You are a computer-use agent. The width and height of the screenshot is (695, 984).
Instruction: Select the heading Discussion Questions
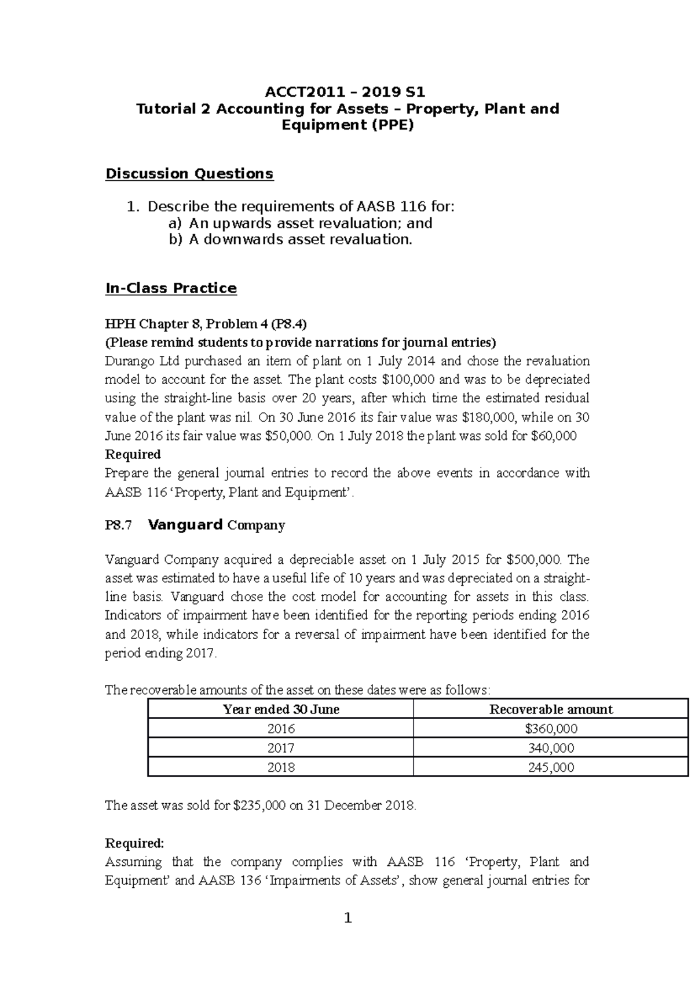[x=189, y=174]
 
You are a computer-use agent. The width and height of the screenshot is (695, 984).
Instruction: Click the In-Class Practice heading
[x=171, y=289]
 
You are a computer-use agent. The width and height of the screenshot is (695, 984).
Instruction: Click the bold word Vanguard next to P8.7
[x=185, y=525]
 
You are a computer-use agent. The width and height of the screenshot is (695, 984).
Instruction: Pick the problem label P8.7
[x=118, y=526]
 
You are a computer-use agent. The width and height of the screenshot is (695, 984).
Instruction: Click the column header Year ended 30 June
[x=281, y=709]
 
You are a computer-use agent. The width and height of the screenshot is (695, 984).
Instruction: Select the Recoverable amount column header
[x=551, y=709]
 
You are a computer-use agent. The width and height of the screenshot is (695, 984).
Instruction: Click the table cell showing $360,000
[x=551, y=728]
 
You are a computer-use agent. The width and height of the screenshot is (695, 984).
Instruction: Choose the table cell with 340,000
[x=551, y=748]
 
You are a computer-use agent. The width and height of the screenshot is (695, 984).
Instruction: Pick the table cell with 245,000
[x=551, y=767]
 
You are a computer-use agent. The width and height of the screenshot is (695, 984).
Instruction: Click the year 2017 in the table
[x=281, y=748]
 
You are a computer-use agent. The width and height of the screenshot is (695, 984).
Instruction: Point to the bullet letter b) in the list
[x=175, y=240]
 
